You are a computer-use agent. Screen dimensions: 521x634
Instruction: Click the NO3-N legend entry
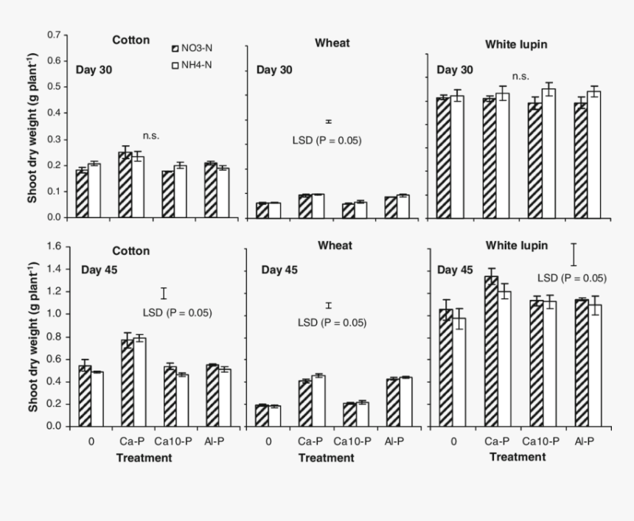point(201,48)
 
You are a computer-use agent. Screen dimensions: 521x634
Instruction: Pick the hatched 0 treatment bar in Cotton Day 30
point(82,194)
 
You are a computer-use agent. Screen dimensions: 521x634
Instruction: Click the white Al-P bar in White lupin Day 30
point(593,155)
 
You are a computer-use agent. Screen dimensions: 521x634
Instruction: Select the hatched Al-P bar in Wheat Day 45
point(393,402)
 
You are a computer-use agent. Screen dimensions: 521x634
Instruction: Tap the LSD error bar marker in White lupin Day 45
point(573,255)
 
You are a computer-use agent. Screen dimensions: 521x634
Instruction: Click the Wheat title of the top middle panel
point(332,43)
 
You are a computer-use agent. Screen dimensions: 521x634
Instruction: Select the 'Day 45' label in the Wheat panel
point(280,270)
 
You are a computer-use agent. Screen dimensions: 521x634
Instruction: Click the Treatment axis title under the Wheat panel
point(327,458)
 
